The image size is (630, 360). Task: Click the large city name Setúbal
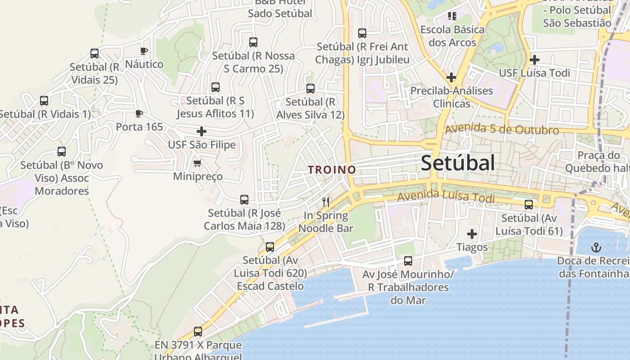pos(458,163)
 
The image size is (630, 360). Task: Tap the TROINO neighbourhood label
pos(332,170)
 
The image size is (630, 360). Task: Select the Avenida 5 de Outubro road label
pos(502,130)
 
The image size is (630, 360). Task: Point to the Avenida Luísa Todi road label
pos(446,197)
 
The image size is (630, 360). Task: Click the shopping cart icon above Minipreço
pos(198,163)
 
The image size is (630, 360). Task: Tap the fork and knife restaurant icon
pos(326,202)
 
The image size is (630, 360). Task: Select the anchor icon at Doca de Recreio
pos(596,247)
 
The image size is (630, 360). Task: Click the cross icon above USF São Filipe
pos(202,131)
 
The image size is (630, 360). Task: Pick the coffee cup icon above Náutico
pos(144,51)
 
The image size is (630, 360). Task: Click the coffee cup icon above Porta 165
pos(139,113)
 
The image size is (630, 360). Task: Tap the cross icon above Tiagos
pos(472,234)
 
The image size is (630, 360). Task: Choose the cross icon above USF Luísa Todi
pos(534,59)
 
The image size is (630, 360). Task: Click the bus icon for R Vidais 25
pos(94,54)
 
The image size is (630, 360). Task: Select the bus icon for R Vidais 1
pos(44,101)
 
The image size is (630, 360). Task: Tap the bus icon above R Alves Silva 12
pos(310,89)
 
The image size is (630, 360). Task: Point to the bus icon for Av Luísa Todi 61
pos(529,205)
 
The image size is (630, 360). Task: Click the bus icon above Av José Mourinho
pos(408,261)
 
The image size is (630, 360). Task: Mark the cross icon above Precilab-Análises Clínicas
pos(451,77)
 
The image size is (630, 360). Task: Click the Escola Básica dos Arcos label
pos(452,36)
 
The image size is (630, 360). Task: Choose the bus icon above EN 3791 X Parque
pos(198,332)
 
